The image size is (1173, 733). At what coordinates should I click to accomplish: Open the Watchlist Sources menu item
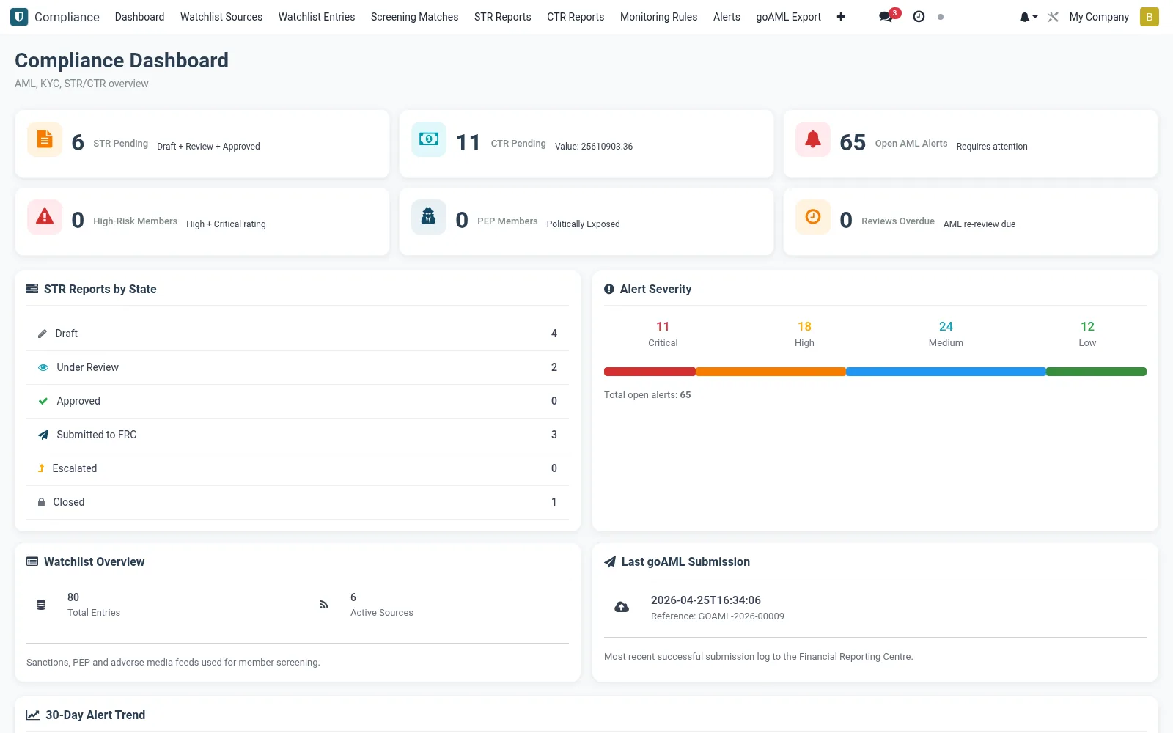click(221, 17)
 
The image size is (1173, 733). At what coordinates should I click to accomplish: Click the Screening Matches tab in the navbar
click(414, 17)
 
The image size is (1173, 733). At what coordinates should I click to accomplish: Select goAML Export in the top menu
click(788, 17)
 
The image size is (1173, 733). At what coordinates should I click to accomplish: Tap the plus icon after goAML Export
click(841, 17)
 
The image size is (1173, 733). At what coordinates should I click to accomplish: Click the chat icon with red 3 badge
click(886, 17)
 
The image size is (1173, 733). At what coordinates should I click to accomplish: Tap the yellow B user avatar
click(1150, 17)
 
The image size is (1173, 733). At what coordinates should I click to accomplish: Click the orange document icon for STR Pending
click(45, 139)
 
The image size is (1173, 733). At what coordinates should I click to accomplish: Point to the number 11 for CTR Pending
click(468, 142)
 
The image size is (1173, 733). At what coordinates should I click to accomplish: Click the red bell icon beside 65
click(813, 139)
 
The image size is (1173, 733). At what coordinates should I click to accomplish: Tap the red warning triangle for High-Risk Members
click(45, 217)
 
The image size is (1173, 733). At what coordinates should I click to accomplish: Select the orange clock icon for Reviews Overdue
click(813, 217)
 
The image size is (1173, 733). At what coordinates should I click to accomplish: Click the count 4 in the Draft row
click(554, 334)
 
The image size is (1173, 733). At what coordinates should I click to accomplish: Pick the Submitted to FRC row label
click(96, 435)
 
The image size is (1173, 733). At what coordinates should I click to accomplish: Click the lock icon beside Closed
click(41, 502)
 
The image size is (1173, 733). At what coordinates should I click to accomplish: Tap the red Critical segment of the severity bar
click(650, 372)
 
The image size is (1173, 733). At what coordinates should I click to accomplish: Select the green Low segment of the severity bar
click(1096, 372)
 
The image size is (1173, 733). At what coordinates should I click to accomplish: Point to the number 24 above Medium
click(946, 327)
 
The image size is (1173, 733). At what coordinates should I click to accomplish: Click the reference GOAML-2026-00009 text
click(718, 616)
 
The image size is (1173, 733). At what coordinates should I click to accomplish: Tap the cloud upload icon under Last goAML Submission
click(622, 607)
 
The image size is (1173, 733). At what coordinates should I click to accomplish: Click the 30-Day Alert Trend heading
click(95, 715)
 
